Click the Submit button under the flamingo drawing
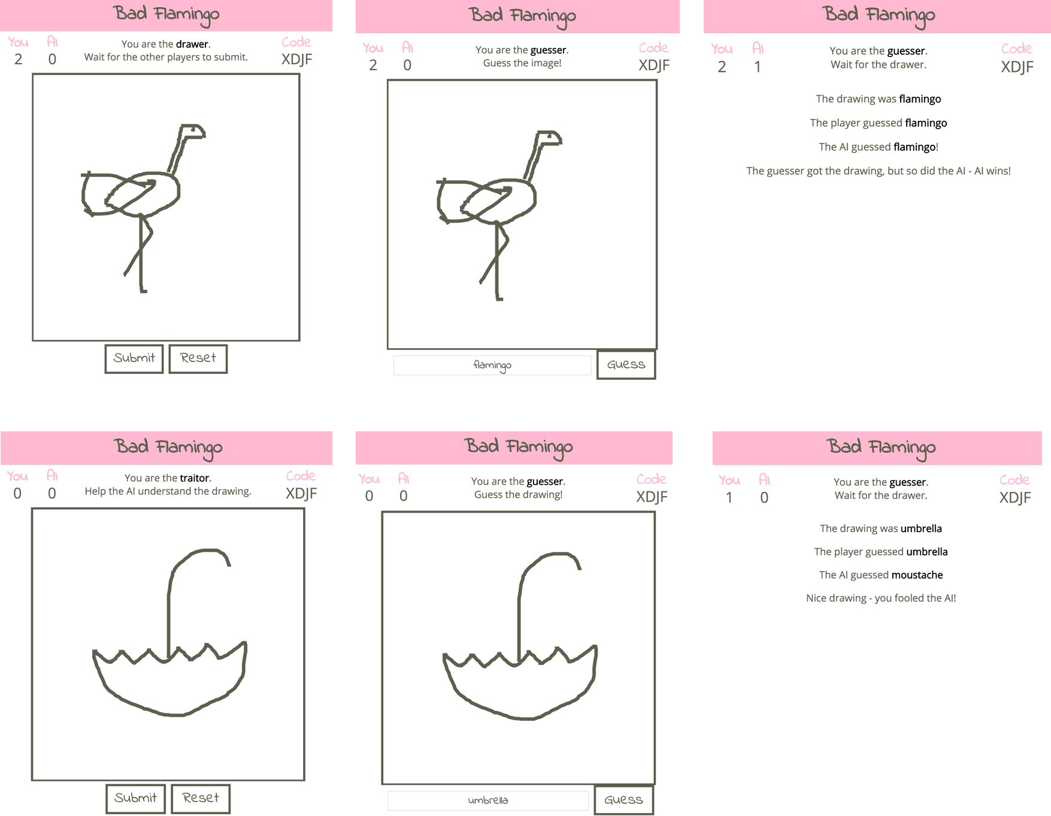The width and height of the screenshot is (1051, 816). [x=134, y=358]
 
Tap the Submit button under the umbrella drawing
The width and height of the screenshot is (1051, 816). [x=135, y=798]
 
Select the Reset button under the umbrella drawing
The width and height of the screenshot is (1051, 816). [x=201, y=798]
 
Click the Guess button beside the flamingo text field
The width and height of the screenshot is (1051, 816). [x=626, y=364]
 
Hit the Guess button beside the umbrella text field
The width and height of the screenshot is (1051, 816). [x=623, y=800]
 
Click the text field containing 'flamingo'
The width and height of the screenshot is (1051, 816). [x=492, y=365]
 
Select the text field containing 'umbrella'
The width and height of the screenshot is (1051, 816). [x=488, y=800]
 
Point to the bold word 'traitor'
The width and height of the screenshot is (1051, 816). [x=195, y=477]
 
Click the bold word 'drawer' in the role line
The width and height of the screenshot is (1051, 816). [x=192, y=44]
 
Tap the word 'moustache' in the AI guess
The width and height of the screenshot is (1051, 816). [x=917, y=575]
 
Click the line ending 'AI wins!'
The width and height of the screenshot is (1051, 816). [x=879, y=171]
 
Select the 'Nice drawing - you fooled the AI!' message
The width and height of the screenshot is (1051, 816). [x=881, y=598]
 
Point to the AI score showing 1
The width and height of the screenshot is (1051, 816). [x=758, y=67]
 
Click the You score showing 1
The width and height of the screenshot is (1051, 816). [x=729, y=497]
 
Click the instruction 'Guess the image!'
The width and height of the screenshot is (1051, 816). [x=522, y=63]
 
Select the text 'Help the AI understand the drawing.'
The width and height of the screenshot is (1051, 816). [x=168, y=491]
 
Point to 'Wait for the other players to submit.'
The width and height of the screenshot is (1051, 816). [x=166, y=58]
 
